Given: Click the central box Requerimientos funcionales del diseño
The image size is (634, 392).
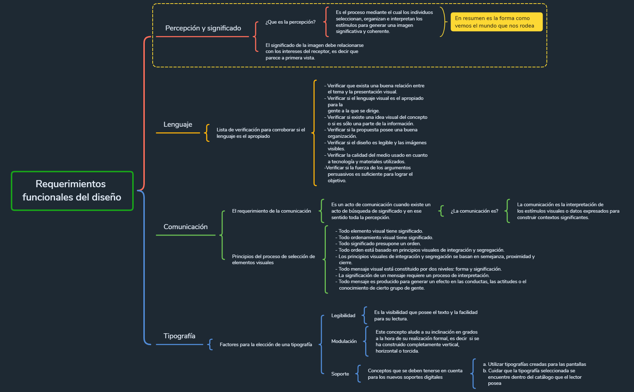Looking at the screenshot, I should [x=72, y=191].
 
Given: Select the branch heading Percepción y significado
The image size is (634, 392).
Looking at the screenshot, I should [x=203, y=28].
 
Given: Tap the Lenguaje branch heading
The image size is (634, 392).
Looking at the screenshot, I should [x=178, y=124].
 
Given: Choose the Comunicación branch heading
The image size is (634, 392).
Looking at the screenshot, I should [x=185, y=227].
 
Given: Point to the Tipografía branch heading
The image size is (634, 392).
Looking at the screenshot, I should [x=179, y=336].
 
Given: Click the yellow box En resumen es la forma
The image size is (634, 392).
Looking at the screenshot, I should [x=496, y=22].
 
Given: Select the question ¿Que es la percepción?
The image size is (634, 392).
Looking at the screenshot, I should [x=290, y=22].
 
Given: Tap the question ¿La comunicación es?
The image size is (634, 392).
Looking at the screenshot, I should [x=474, y=211].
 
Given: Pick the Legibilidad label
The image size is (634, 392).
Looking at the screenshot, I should [x=343, y=315].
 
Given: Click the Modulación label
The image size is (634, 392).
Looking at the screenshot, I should [x=344, y=341].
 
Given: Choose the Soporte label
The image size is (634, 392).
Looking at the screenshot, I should [x=340, y=374].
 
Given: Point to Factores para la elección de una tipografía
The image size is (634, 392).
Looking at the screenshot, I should [x=266, y=344].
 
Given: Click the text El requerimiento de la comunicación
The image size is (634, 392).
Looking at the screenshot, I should [x=271, y=211].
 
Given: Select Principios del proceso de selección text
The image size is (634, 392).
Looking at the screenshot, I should [x=273, y=259].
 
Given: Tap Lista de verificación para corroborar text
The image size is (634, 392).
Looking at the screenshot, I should [x=261, y=133].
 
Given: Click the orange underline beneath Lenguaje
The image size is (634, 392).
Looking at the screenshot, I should [x=178, y=133].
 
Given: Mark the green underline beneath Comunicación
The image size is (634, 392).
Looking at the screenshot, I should [x=185, y=235].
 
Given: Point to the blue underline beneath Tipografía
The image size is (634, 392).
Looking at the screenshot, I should [x=179, y=344].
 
